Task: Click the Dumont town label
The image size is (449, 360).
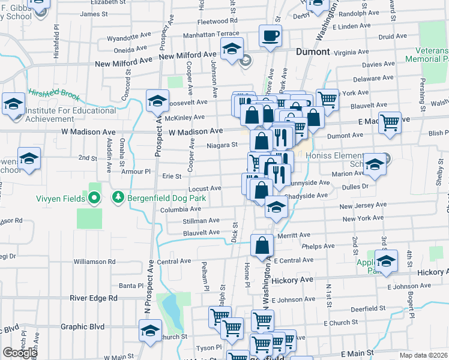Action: coord(312,52)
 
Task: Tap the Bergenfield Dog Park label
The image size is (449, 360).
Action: coord(166,197)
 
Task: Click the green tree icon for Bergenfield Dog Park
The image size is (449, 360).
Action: coord(118,197)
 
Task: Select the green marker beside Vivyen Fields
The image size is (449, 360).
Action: coord(93,197)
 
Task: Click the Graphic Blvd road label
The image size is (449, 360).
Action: coord(82,327)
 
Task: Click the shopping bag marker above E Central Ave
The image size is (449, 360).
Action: coord(262,245)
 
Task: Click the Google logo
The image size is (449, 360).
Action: coord(20,353)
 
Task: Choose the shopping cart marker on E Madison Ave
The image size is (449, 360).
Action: coord(390,122)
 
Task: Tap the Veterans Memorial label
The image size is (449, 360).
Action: coord(427,55)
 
